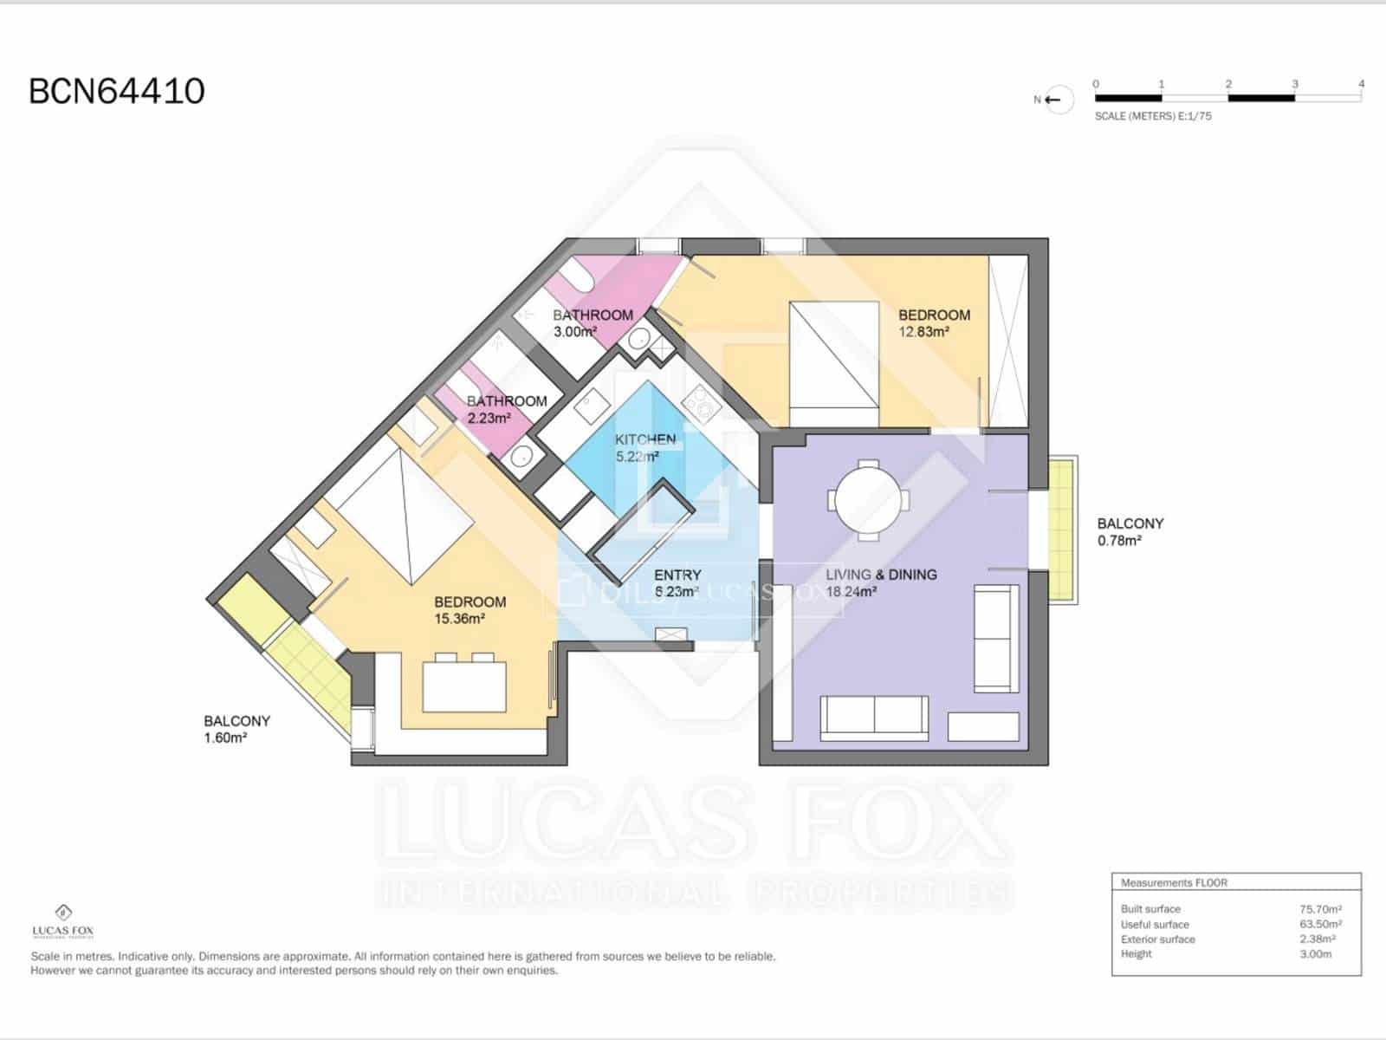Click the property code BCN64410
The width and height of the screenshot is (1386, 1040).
point(117,91)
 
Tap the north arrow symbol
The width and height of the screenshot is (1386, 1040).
point(1053,100)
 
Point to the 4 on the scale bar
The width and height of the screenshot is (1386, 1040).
point(1361,84)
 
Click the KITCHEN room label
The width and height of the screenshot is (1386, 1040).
point(645,439)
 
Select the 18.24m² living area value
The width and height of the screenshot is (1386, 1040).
point(852,592)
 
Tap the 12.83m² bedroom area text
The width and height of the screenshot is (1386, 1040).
point(923,332)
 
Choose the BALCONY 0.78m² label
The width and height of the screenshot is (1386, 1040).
point(1130,531)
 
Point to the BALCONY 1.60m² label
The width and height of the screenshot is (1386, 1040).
point(236,729)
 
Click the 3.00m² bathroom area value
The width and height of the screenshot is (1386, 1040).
point(575,332)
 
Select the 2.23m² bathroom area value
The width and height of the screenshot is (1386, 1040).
point(489,418)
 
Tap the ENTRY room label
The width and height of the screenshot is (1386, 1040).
point(677,575)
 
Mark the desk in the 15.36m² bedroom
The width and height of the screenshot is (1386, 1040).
point(463,686)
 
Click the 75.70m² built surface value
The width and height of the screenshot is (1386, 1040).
point(1320,909)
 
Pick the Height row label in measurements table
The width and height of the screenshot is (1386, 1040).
point(1136,953)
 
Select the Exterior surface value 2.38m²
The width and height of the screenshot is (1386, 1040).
point(1317,939)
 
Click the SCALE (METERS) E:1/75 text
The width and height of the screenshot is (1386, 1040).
point(1153,116)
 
